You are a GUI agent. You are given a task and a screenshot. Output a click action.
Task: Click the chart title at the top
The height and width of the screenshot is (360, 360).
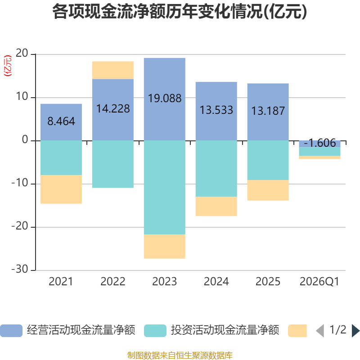pyautogui.click(x=180, y=12)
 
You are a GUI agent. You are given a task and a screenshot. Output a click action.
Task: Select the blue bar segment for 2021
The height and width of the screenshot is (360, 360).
pyautogui.click(x=61, y=122)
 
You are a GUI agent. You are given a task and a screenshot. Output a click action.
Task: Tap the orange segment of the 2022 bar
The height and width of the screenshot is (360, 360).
pyautogui.click(x=113, y=70)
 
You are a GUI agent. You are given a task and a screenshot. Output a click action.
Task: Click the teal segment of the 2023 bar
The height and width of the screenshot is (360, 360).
pyautogui.click(x=165, y=187)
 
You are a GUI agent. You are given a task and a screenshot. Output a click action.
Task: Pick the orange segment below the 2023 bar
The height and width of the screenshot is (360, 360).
pyautogui.click(x=165, y=246)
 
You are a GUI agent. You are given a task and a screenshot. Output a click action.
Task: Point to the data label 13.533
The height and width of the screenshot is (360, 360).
pyautogui.click(x=216, y=110)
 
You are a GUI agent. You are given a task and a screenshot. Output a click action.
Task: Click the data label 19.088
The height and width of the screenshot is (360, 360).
pyautogui.click(x=165, y=98)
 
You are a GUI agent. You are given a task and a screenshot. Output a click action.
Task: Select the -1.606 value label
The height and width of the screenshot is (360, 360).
pyautogui.click(x=319, y=143)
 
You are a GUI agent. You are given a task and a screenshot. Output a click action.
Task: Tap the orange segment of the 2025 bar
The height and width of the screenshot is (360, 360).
pyautogui.click(x=268, y=190)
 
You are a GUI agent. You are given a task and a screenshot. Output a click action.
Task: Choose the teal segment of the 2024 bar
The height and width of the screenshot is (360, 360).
pyautogui.click(x=216, y=168)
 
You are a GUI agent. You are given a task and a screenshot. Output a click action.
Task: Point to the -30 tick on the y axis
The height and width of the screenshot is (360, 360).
pyautogui.click(x=20, y=269)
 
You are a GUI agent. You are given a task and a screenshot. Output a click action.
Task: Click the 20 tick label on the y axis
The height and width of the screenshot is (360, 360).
pyautogui.click(x=22, y=53)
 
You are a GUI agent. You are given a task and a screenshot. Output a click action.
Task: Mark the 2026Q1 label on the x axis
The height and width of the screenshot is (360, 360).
pyautogui.click(x=319, y=282)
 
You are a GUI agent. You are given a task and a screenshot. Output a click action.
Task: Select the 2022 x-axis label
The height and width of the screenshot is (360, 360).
pyautogui.click(x=113, y=282)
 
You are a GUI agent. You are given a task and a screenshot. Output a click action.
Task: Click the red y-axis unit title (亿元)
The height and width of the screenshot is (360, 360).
pyautogui.click(x=8, y=66)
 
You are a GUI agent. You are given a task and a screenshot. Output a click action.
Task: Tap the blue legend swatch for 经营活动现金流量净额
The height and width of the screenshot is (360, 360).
pyautogui.click(x=11, y=331)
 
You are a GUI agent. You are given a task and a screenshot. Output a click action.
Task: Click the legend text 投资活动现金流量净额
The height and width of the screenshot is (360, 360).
pyautogui.click(x=225, y=330)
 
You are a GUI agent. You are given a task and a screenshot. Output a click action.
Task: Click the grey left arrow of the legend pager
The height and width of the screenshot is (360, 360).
pyautogui.click(x=320, y=331)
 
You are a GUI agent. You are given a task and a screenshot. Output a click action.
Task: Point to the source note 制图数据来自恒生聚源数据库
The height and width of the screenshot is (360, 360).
pyautogui.click(x=180, y=355)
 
